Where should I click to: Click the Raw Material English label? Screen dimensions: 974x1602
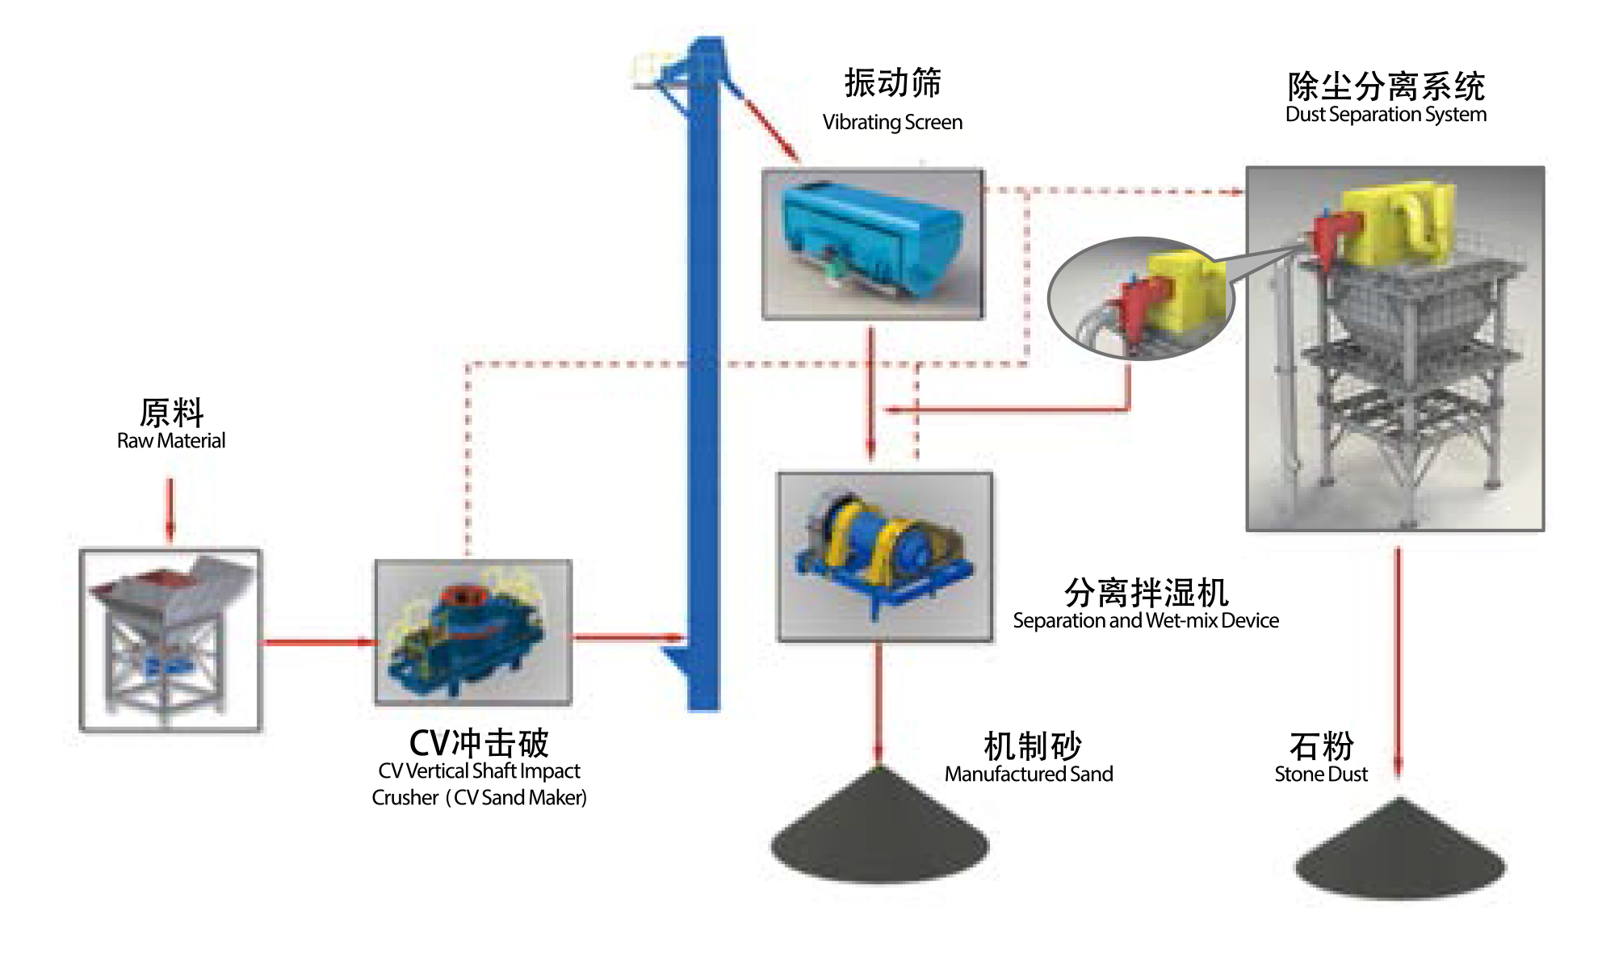coord(171,441)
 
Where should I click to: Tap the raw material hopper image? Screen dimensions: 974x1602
coord(170,640)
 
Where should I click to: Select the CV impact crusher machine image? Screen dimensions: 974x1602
coord(473,632)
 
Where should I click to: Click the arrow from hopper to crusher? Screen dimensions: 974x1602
coord(318,643)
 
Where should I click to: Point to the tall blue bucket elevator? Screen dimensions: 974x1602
coord(702,380)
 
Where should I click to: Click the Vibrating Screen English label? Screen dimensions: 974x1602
coord(892,123)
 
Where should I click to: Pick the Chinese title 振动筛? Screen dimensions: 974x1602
coord(892,83)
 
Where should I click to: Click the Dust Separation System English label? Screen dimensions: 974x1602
coord(1386,115)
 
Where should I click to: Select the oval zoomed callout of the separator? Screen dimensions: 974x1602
coord(1140,297)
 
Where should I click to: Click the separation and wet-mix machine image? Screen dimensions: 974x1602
coord(884,556)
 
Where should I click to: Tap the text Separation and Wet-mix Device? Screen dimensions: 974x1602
coord(1146,621)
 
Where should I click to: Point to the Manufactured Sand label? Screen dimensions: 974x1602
coord(1029,775)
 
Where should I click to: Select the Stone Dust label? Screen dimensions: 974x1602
coord(1321,775)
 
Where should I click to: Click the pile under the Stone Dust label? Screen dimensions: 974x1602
coord(1400,853)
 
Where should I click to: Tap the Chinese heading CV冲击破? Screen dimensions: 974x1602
coord(479,743)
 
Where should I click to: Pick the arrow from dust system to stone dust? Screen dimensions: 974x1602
coord(1399,662)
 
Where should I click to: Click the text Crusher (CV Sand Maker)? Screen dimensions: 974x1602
coord(479,798)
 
